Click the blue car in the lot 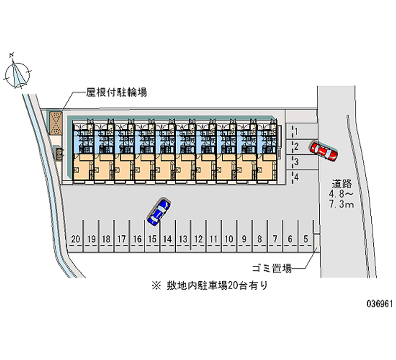pos(159,211)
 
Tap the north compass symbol pos(18,73)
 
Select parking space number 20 pos(75,240)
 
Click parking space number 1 pos(296,131)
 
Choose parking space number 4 pos(296,177)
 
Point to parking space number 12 pos(198,240)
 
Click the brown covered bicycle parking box pos(55,123)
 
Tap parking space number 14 pos(167,240)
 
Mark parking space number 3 pos(296,161)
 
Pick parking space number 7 pos(275,240)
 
